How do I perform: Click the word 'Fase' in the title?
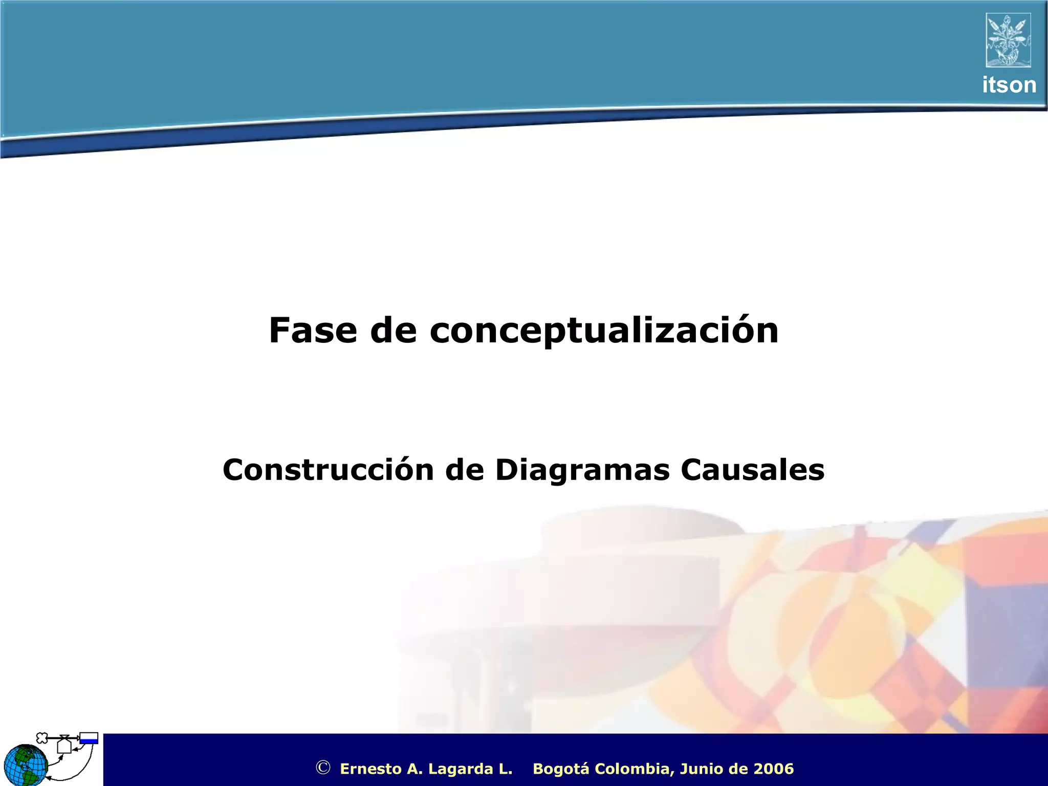(x=313, y=331)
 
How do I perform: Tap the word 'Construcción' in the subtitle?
(x=328, y=470)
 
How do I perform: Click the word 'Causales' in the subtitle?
(x=752, y=470)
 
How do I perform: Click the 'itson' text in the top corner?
(x=1009, y=85)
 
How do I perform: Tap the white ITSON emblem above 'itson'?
(x=1008, y=40)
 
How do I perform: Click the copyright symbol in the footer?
(x=323, y=768)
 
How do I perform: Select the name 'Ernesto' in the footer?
(x=371, y=769)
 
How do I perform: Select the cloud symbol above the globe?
(x=42, y=737)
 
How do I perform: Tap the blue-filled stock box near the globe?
(x=89, y=738)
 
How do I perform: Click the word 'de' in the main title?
(x=394, y=331)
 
